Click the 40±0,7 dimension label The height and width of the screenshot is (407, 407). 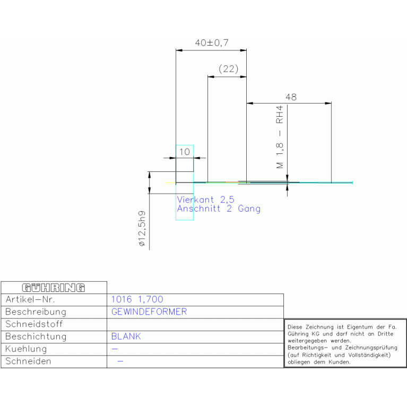coord(212,42)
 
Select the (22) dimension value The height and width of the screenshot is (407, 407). coord(228,69)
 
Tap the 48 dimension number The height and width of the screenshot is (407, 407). coord(291,97)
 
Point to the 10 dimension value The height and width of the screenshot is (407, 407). coord(185,152)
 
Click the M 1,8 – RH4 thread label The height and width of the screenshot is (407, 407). coord(280,137)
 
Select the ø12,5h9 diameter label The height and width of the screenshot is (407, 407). coord(142,228)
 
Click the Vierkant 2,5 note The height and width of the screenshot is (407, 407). coord(205,200)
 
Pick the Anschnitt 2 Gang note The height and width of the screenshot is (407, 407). coord(219,209)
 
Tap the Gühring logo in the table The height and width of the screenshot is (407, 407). coord(54,288)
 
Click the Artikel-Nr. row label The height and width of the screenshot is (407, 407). coord(30,299)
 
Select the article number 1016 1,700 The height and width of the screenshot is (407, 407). coord(137,299)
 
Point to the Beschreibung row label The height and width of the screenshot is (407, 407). coord(36,311)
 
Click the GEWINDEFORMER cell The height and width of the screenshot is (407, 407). coord(149,311)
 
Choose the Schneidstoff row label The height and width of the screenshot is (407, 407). coord(34,324)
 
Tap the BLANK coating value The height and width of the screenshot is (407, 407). coord(126,336)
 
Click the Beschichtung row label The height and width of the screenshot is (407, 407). coord(36,336)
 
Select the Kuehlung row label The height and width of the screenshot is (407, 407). coord(26,349)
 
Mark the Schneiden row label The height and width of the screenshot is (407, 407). coord(28,361)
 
